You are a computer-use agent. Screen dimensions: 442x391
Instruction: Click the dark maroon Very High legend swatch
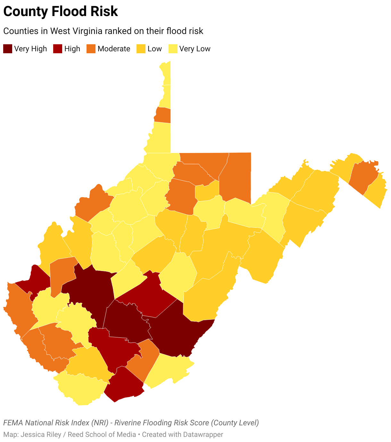click(x=8, y=49)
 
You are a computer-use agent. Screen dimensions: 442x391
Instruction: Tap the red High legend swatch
click(x=58, y=49)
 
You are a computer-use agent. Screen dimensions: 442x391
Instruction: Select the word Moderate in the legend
click(x=114, y=49)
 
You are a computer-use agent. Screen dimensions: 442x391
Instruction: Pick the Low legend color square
click(x=141, y=49)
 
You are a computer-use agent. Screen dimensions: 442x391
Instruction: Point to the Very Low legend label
click(x=195, y=49)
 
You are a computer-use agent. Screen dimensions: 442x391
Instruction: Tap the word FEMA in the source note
click(x=13, y=423)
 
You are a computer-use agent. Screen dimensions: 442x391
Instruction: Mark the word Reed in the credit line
click(x=75, y=435)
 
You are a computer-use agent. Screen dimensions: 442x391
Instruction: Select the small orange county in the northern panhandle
click(x=163, y=115)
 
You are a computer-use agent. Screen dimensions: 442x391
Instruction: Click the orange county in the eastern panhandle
click(x=363, y=176)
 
